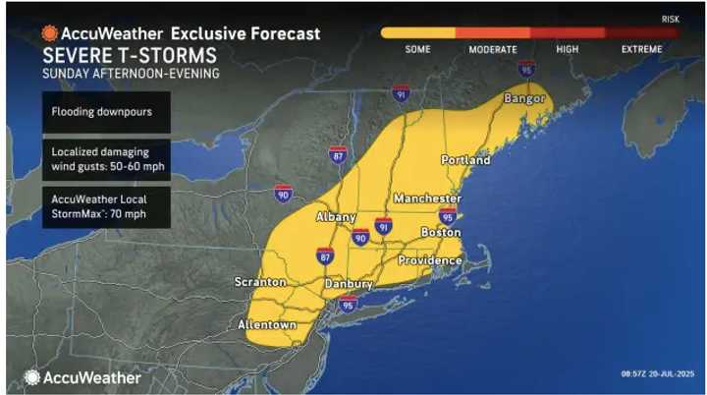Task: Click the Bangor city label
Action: pyautogui.click(x=523, y=99)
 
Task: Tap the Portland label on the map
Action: pyautogui.click(x=465, y=159)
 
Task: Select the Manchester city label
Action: pyautogui.click(x=427, y=198)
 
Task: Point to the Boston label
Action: pyautogui.click(x=440, y=232)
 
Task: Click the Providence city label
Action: pyautogui.click(x=429, y=260)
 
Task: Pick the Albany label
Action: pyautogui.click(x=335, y=216)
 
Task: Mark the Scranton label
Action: pyautogui.click(x=261, y=282)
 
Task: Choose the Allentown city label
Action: pyautogui.click(x=267, y=324)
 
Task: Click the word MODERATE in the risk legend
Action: pyautogui.click(x=493, y=49)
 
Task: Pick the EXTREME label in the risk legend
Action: pyautogui.click(x=640, y=49)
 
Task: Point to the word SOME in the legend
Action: pyautogui.click(x=417, y=49)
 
